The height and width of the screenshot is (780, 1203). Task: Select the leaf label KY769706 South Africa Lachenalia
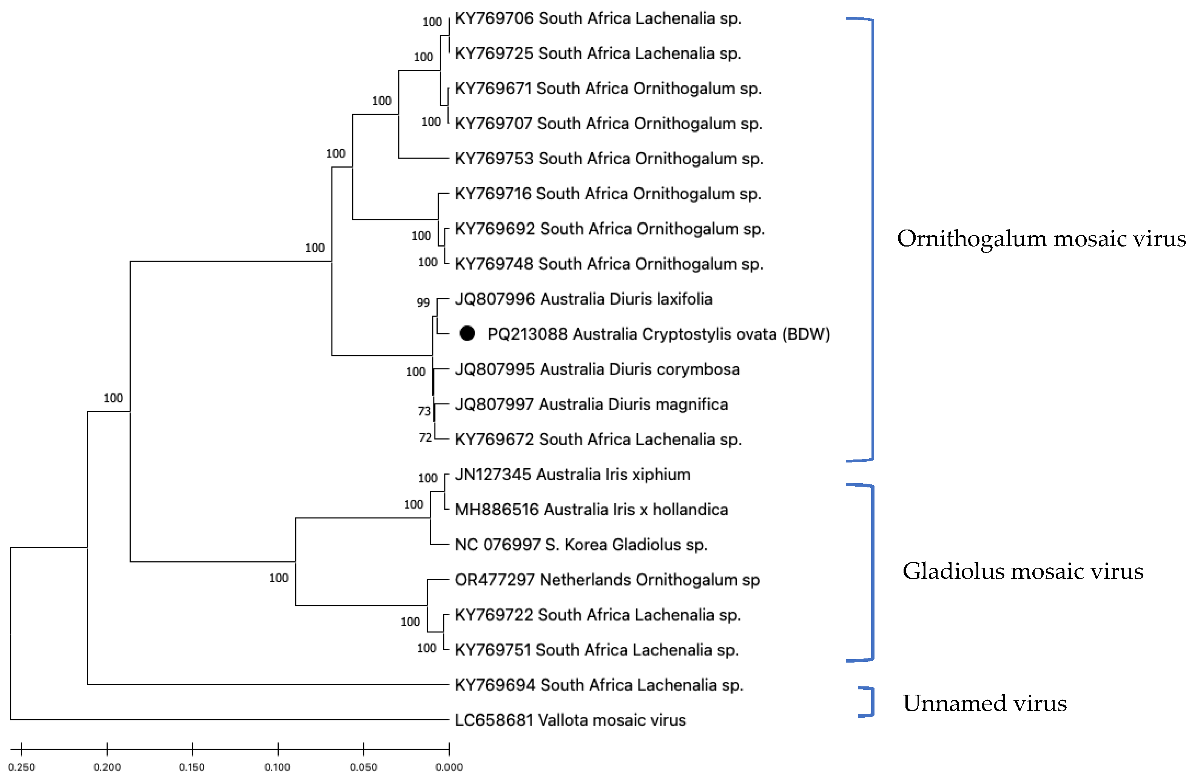pos(598,19)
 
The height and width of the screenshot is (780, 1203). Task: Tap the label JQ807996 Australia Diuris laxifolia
pos(583,299)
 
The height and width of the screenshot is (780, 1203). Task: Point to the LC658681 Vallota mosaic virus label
pos(570,720)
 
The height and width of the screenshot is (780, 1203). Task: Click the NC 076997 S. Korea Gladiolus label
pos(581,544)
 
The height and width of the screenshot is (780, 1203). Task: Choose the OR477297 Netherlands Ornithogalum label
pos(607,580)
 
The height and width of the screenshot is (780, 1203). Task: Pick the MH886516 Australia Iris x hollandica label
pos(591,510)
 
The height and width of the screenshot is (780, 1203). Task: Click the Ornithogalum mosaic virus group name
pos(1041,239)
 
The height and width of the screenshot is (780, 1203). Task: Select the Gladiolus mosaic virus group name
pos(1023,571)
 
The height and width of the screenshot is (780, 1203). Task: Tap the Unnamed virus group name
pos(985,703)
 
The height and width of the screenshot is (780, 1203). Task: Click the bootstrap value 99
pos(423,303)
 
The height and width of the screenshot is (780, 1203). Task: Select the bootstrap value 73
pos(424,412)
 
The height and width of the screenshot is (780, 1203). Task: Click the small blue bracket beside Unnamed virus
pos(867,701)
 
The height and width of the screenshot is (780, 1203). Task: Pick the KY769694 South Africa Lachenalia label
pos(599,685)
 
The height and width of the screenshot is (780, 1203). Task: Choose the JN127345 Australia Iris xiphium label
pos(572,475)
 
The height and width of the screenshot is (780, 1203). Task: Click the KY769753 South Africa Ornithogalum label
pos(609,159)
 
